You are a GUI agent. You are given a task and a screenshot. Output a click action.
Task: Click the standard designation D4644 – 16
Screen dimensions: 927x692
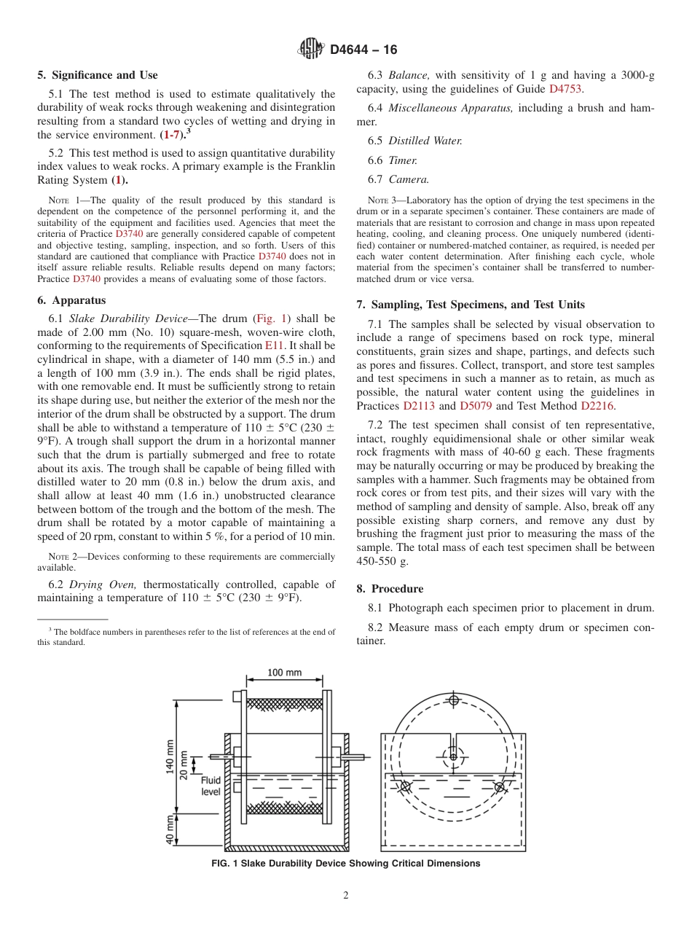[x=363, y=50]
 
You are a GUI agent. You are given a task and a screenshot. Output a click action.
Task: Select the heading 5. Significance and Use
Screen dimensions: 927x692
[x=98, y=75]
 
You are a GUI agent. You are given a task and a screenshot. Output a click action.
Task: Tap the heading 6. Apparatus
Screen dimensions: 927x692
[x=71, y=300]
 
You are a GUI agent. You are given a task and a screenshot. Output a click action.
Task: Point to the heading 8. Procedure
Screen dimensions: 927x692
[x=390, y=588]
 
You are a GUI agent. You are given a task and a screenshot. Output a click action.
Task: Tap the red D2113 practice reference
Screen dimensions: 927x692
[x=418, y=406]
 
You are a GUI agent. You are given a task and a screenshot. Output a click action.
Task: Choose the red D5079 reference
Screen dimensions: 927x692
[x=476, y=406]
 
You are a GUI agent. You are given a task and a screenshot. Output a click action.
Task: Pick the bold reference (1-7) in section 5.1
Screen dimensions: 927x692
[x=172, y=135]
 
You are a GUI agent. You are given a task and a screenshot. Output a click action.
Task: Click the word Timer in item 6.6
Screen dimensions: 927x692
[x=403, y=160]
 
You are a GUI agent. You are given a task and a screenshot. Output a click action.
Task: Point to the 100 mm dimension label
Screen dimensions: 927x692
[x=284, y=673]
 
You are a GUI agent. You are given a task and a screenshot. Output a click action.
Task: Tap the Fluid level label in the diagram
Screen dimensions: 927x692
[x=211, y=786]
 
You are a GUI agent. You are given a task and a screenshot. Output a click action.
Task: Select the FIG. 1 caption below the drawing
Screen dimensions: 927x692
[x=345, y=864]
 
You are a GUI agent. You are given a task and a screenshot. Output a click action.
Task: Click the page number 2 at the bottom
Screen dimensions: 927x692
[x=346, y=896]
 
